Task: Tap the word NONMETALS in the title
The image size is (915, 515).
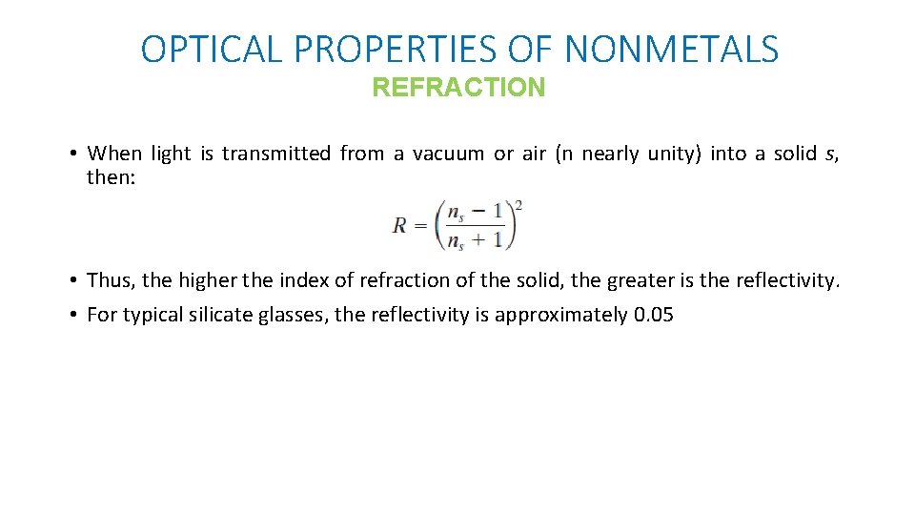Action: tap(671, 49)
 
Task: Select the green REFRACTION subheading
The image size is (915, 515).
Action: tap(458, 88)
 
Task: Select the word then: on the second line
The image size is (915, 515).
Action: tap(112, 177)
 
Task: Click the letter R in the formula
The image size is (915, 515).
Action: tap(400, 226)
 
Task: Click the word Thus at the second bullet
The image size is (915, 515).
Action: tap(110, 280)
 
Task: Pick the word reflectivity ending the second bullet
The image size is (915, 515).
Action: tap(787, 280)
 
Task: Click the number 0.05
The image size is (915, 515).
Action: tap(653, 315)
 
